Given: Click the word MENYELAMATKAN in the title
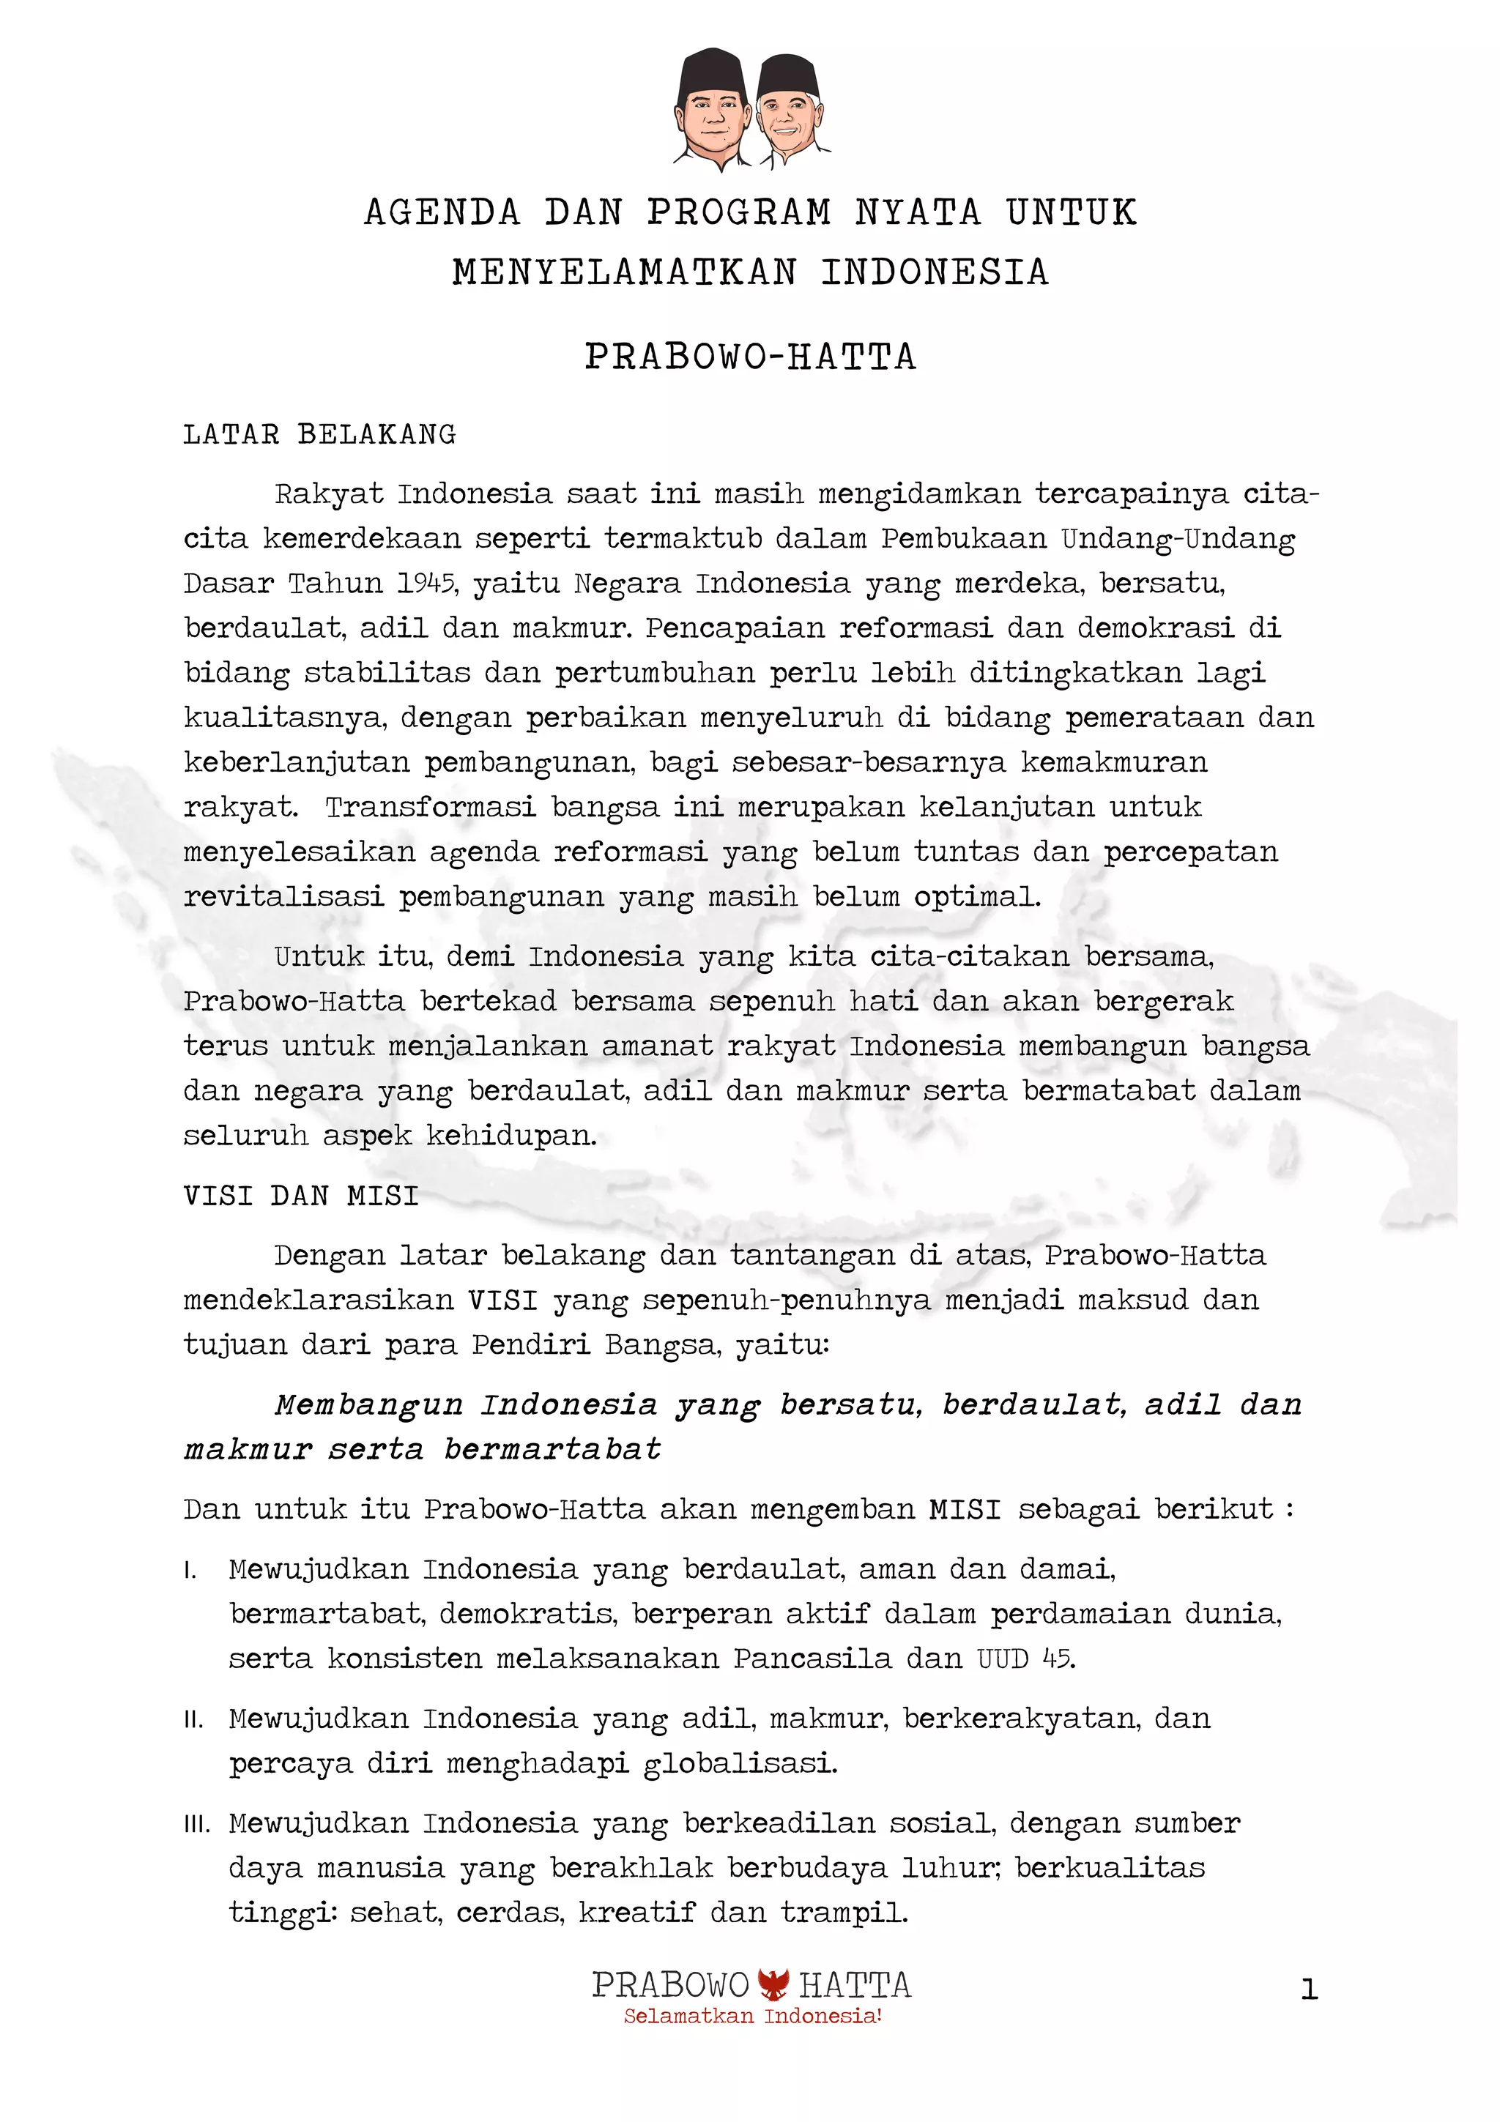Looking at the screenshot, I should tap(625, 272).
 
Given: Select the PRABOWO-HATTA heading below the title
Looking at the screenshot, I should tap(749, 357).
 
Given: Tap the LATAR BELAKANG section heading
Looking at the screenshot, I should tap(320, 434).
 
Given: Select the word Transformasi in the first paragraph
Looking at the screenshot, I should tap(431, 807).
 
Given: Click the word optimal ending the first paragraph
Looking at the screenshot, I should tap(977, 896).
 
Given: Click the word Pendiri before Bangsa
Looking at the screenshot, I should tap(530, 1344).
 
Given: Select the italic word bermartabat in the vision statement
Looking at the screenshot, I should tap(553, 1449).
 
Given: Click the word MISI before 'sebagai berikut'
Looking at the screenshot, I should tap(965, 1509).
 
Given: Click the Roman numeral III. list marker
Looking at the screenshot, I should tap(196, 1825).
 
